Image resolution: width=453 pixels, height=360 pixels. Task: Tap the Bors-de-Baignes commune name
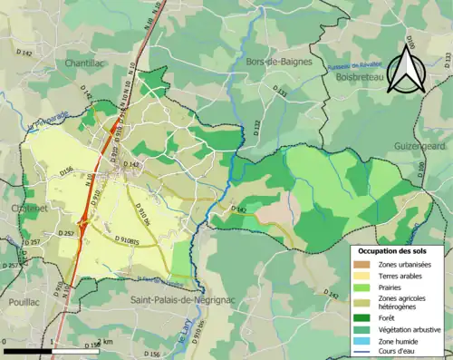[x=279, y=62]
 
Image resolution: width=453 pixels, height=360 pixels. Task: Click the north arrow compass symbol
[x=405, y=69]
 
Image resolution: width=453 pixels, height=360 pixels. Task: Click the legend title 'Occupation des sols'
[x=397, y=249]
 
